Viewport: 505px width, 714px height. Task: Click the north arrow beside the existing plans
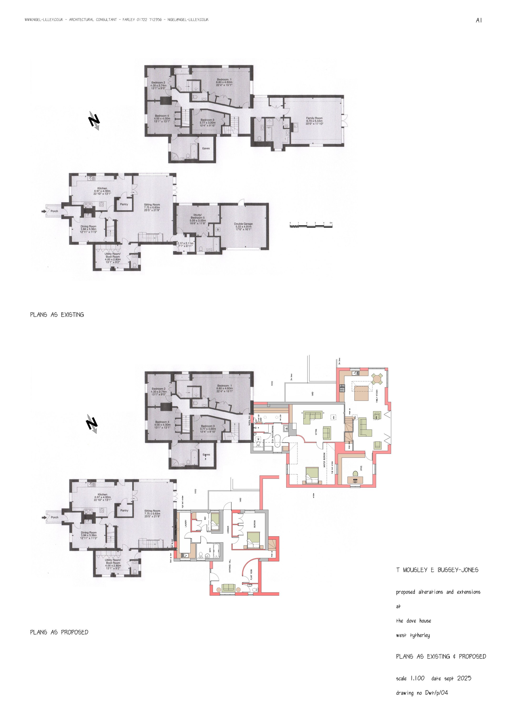(94, 120)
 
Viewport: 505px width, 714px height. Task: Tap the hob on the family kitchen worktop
(342, 388)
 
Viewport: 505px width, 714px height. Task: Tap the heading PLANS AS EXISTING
(57, 315)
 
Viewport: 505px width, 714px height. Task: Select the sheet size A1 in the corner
(479, 20)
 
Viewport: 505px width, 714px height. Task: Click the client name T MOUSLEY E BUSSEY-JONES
(437, 570)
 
